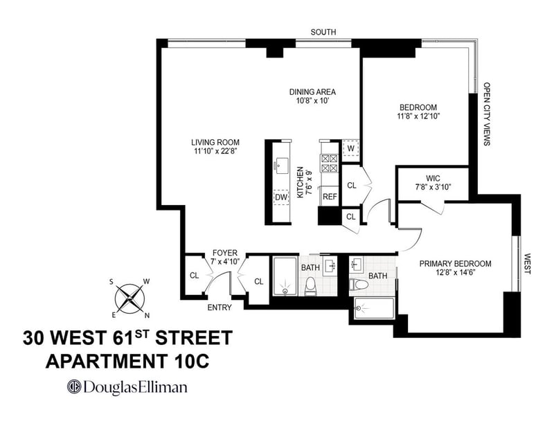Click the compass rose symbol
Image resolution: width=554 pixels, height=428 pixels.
129,298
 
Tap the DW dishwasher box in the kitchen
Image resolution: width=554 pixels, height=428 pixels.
281,197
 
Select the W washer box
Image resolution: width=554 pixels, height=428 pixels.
350,148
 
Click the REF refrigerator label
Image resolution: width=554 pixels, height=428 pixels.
330,197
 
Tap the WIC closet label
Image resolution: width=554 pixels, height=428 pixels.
434,178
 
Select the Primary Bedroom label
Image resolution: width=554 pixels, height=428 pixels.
455,264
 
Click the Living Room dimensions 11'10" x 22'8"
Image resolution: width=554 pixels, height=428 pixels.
215,151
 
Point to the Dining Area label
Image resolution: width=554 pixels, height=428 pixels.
313,92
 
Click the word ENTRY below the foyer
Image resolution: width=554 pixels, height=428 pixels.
220,307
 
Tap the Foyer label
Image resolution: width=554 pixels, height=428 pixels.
224,253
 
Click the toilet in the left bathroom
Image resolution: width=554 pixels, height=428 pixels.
310,285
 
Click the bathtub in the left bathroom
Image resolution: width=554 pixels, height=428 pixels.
285,276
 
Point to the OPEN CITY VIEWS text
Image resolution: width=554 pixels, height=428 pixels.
487,114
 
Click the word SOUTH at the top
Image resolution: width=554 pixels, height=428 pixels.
323,32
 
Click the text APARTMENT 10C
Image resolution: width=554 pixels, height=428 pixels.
127,362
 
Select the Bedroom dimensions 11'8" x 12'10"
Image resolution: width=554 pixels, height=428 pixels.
418,116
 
